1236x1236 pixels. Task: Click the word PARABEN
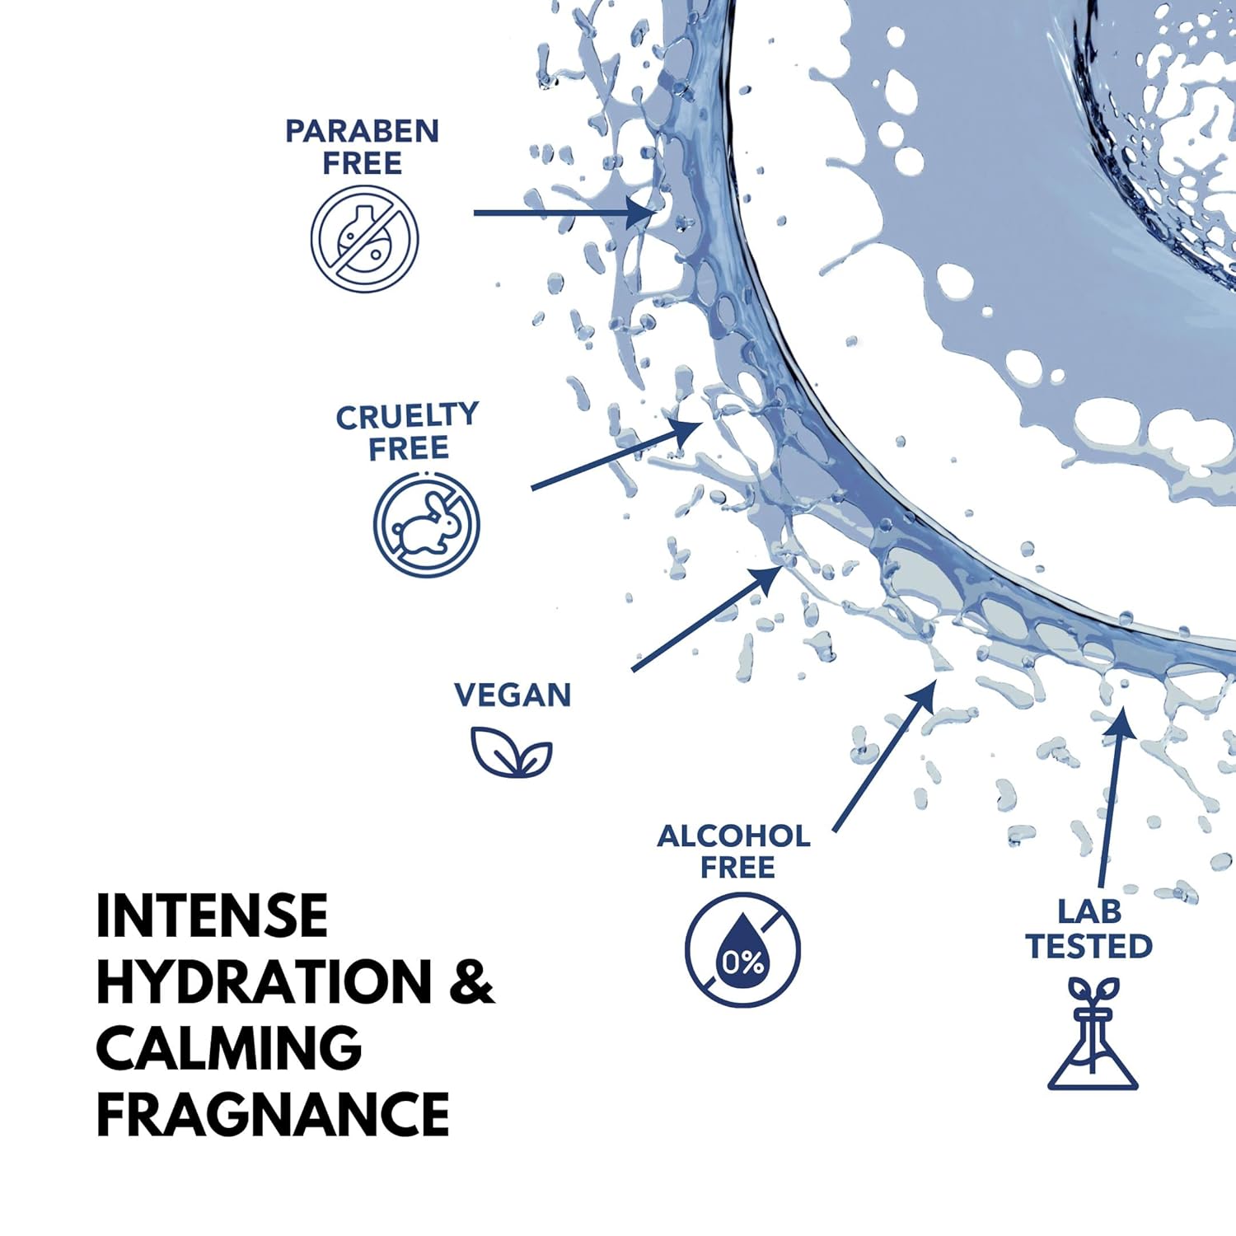coord(362,131)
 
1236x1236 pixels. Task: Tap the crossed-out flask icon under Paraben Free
coord(364,239)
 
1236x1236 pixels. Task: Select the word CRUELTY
coord(407,416)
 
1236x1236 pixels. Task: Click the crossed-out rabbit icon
coord(426,524)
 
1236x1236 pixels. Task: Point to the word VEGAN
coord(513,695)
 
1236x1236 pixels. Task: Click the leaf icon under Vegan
coord(511,752)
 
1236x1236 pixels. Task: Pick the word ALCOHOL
coord(733,836)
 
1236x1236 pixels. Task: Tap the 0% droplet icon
coord(742,950)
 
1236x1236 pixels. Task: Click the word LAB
coord(1089,912)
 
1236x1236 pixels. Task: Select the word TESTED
coord(1089,947)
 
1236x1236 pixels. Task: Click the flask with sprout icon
coord(1093,1033)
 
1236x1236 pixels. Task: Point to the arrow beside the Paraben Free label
coord(564,213)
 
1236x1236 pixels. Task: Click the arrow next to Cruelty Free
coord(617,454)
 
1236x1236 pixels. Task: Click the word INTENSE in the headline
coord(212,916)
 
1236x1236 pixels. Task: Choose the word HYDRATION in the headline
coord(264,982)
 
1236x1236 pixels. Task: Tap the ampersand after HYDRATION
coord(471,982)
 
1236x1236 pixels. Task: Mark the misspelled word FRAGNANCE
coord(273,1114)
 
